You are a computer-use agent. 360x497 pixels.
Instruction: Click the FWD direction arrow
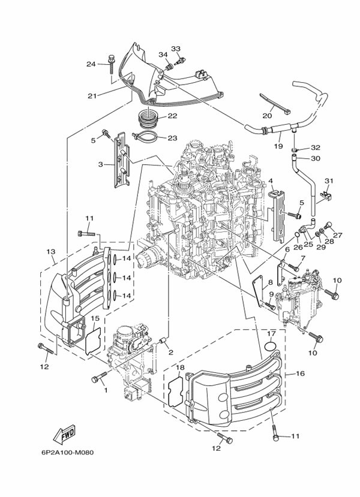(65, 433)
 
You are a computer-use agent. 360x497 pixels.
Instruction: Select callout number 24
(91, 64)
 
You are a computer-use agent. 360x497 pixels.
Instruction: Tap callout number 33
(176, 49)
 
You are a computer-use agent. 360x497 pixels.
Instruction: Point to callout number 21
(92, 96)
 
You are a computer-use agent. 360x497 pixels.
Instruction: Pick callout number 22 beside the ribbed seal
(172, 116)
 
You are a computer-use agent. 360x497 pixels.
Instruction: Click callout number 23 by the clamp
(172, 138)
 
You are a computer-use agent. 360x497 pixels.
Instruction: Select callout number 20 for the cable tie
(267, 116)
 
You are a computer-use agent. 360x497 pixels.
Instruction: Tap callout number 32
(316, 147)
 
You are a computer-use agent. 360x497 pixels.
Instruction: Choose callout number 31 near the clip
(328, 180)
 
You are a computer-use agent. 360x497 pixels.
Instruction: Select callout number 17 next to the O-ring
(271, 333)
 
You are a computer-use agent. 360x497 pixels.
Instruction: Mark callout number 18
(180, 367)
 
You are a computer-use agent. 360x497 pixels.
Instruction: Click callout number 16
(300, 373)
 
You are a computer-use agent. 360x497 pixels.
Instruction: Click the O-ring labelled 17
(269, 346)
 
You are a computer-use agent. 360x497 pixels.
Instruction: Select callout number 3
(101, 164)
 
